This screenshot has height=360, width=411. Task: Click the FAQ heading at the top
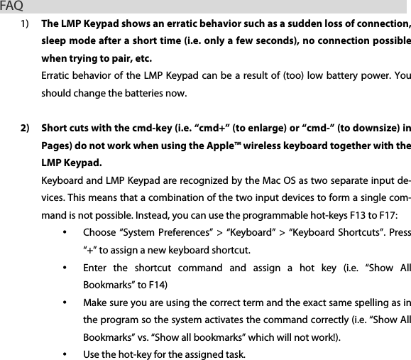[x=12, y=7]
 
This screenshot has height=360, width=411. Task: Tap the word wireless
[x=286, y=147]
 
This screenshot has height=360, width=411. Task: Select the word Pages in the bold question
[x=57, y=147]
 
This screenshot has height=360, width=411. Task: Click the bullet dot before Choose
[x=65, y=233]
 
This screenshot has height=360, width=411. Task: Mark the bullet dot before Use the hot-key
[x=65, y=354]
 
